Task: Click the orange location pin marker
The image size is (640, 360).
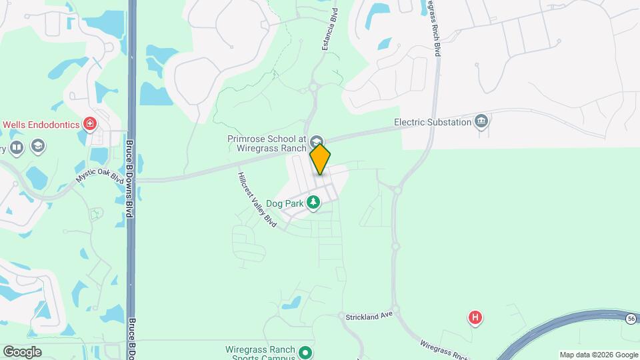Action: pyautogui.click(x=320, y=159)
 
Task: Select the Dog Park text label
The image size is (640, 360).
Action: pyautogui.click(x=285, y=203)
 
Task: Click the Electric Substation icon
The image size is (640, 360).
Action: pyautogui.click(x=481, y=121)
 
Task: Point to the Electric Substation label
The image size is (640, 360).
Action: pyautogui.click(x=432, y=122)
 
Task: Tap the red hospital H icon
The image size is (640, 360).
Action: pyautogui.click(x=475, y=318)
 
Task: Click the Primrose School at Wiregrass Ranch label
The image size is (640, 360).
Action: pyautogui.click(x=266, y=143)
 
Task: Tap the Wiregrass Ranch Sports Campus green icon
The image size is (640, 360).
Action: pyautogui.click(x=305, y=352)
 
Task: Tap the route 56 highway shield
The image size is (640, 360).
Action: pyautogui.click(x=630, y=319)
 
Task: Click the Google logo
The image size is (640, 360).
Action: pyautogui.click(x=22, y=351)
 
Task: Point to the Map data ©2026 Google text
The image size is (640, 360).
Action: pyautogui.click(x=599, y=355)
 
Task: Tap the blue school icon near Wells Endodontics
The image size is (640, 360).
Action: pyautogui.click(x=39, y=145)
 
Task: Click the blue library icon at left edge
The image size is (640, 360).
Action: pyautogui.click(x=17, y=147)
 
